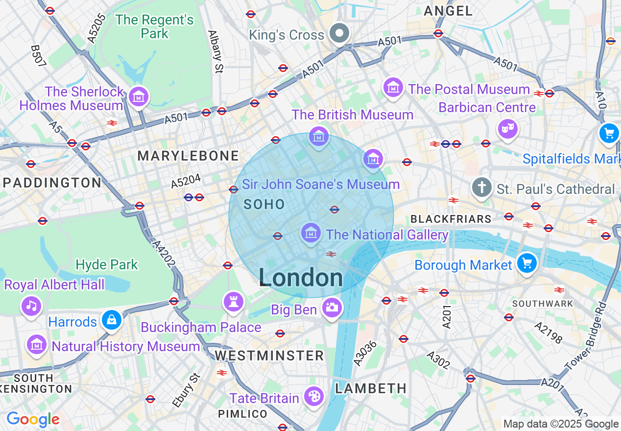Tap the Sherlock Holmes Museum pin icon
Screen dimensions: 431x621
click(x=139, y=96)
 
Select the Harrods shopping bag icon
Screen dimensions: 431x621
click(x=112, y=320)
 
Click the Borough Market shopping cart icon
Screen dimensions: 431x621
click(x=527, y=263)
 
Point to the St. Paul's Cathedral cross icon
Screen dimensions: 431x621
click(x=482, y=188)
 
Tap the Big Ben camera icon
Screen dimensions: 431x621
click(x=332, y=308)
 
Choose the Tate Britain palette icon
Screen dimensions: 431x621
click(x=313, y=396)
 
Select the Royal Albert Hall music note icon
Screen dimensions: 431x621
click(x=31, y=306)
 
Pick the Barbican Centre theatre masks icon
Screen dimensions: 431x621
click(x=508, y=129)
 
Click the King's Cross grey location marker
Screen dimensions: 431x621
click(x=339, y=34)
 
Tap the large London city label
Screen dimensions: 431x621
click(x=301, y=278)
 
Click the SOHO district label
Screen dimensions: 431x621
click(x=264, y=205)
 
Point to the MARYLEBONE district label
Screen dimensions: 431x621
click(x=188, y=156)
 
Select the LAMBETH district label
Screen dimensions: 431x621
click(x=371, y=388)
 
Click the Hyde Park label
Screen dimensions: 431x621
click(x=107, y=264)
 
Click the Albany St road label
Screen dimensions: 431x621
click(x=215, y=52)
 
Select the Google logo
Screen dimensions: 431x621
click(x=33, y=419)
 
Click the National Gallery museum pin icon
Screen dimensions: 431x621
click(x=311, y=233)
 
